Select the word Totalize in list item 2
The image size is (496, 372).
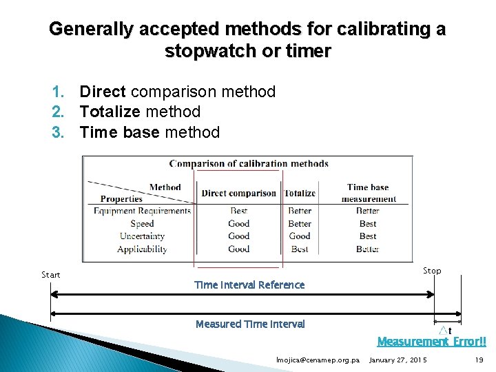[x=109, y=112]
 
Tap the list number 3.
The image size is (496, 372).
[x=58, y=132]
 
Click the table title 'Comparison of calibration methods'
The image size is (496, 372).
[x=249, y=163]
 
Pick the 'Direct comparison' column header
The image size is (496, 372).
[x=238, y=194]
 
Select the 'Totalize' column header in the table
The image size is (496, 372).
[x=300, y=194]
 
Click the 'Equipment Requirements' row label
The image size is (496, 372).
[x=142, y=211]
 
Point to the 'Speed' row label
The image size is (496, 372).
[x=142, y=223]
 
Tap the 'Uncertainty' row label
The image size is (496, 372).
[x=142, y=236]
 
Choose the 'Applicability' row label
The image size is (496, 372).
[x=142, y=249]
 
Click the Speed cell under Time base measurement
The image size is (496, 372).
[x=368, y=223]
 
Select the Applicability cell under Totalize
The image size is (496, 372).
[x=300, y=249]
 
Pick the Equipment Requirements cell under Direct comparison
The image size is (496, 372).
[x=238, y=211]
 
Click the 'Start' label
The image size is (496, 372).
[x=51, y=275]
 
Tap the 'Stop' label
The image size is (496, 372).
[x=432, y=271]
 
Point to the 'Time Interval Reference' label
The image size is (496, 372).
[x=249, y=285]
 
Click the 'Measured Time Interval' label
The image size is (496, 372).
[x=250, y=324]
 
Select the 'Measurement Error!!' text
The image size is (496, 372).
[x=432, y=342]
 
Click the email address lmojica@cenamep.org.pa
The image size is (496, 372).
[x=318, y=360]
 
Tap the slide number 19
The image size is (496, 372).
[x=479, y=360]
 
